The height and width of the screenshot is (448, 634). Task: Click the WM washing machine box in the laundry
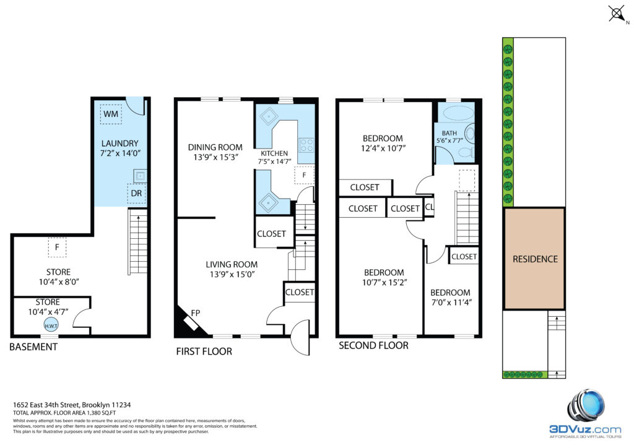pyautogui.click(x=110, y=113)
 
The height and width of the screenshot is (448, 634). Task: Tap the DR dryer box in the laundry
pyautogui.click(x=137, y=193)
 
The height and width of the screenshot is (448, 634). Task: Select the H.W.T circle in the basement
pyautogui.click(x=51, y=325)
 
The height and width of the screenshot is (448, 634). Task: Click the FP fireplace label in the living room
pyautogui.click(x=195, y=312)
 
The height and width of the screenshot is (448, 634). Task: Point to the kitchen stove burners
pyautogui.click(x=306, y=145)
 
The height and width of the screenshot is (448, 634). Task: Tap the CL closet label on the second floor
pyautogui.click(x=429, y=207)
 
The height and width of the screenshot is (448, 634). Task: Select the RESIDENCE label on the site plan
pyautogui.click(x=535, y=259)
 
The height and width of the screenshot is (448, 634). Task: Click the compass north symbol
pyautogui.click(x=617, y=14)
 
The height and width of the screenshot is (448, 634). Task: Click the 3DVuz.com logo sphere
pyautogui.click(x=587, y=407)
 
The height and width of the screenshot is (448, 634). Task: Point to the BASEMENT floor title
pyautogui.click(x=33, y=347)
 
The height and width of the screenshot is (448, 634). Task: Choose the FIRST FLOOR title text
pyautogui.click(x=204, y=351)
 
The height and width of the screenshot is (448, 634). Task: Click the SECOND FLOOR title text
pyautogui.click(x=373, y=345)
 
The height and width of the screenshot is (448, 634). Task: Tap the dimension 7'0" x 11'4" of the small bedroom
pyautogui.click(x=451, y=302)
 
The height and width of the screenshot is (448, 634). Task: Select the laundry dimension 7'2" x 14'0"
pyautogui.click(x=120, y=153)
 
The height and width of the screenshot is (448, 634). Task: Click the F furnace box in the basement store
pyautogui.click(x=58, y=247)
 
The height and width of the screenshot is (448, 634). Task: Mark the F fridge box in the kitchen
pyautogui.click(x=304, y=175)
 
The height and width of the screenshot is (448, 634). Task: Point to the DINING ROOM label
pyautogui.click(x=215, y=147)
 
